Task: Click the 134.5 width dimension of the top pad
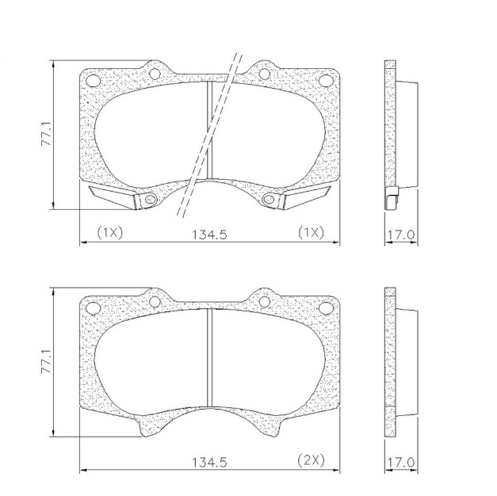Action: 209,235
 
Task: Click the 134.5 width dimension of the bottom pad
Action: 209,463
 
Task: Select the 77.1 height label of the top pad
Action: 47,134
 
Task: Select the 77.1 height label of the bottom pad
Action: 47,361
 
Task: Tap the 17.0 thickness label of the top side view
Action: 401,235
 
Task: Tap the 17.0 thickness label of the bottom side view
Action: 401,463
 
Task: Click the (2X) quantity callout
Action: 311,460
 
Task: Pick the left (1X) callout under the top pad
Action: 109,233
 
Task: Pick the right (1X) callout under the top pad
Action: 311,233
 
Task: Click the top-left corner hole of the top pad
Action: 94,80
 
